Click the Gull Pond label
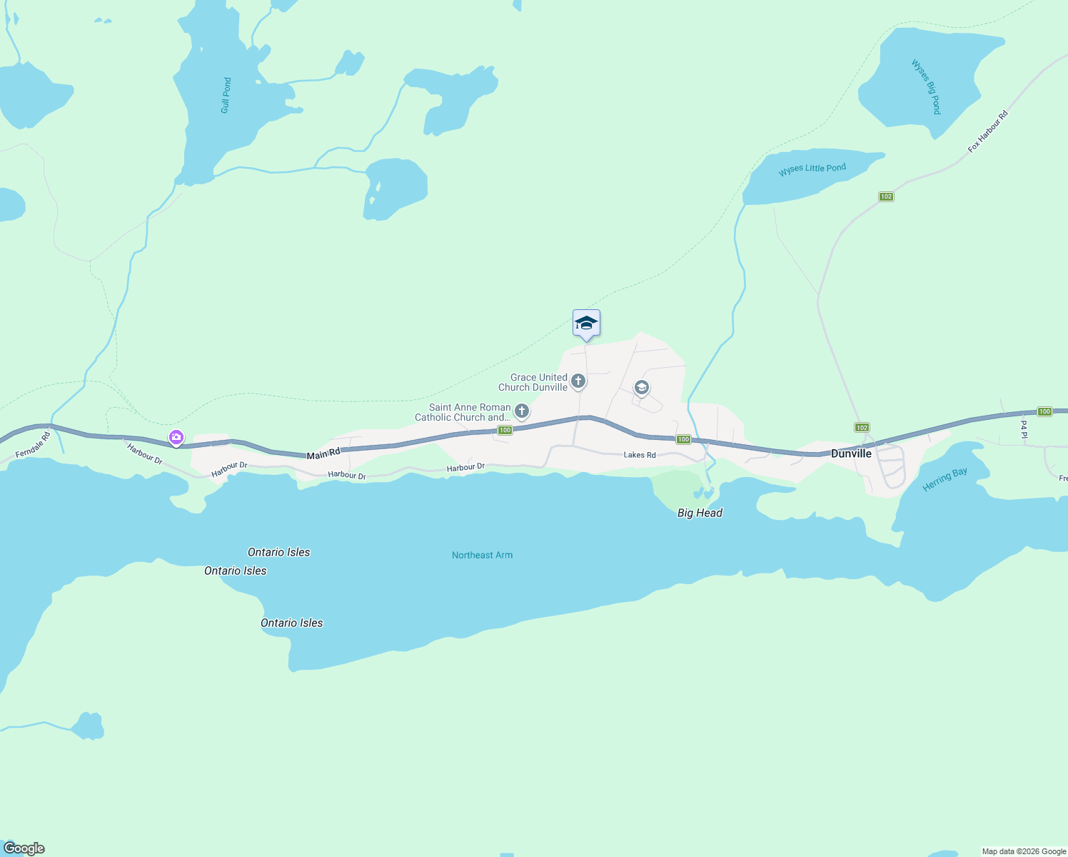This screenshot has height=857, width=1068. (226, 96)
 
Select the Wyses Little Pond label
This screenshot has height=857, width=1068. (812, 169)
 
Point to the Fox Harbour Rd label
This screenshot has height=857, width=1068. (987, 131)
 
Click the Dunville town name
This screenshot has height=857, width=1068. (851, 453)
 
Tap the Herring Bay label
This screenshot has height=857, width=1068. (944, 479)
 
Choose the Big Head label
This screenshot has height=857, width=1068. (700, 513)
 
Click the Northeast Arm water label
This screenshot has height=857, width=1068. (482, 555)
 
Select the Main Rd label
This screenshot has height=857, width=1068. (323, 453)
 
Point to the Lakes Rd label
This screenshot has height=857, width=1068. (639, 455)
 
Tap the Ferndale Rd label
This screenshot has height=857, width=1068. (33, 444)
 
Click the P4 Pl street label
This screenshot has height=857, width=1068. (1024, 429)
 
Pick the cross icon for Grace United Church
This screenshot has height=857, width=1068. (578, 381)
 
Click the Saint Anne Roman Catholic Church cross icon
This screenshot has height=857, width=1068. (522, 411)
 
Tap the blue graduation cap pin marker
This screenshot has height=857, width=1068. (586, 324)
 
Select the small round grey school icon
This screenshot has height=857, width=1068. (641, 388)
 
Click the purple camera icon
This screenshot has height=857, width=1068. (176, 437)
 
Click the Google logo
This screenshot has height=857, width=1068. (24, 848)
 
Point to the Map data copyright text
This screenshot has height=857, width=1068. (1024, 851)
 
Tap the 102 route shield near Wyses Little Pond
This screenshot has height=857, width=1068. (886, 196)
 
